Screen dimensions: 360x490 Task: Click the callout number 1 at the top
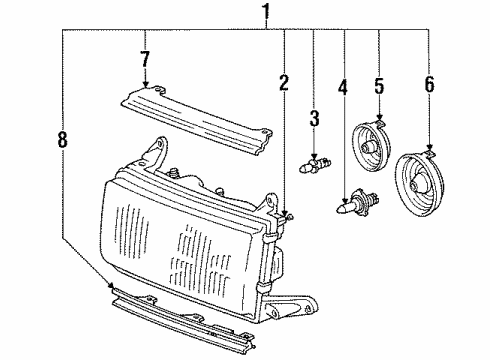266,13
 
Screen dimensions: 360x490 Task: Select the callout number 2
284,83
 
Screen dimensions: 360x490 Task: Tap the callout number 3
313,121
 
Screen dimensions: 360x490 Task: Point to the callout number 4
342,87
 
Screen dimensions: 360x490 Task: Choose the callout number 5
379,85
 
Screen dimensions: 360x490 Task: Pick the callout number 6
429,85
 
